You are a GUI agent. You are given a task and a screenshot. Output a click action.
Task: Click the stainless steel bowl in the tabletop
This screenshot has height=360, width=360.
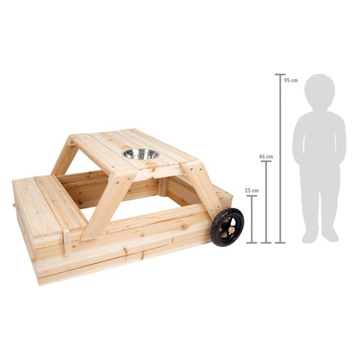(140, 154)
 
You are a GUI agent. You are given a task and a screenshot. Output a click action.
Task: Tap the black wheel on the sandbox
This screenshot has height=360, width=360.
(227, 226)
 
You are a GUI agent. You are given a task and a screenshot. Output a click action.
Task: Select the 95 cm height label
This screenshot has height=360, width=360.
(291, 80)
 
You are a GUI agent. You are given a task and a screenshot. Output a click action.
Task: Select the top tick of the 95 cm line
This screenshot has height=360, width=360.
(280, 75)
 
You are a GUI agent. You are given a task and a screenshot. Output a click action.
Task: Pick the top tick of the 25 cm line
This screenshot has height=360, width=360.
(251, 196)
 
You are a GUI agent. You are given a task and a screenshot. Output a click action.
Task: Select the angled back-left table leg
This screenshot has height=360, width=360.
(64, 157)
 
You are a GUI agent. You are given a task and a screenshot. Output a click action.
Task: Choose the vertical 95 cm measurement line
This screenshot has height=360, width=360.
(280, 160)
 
